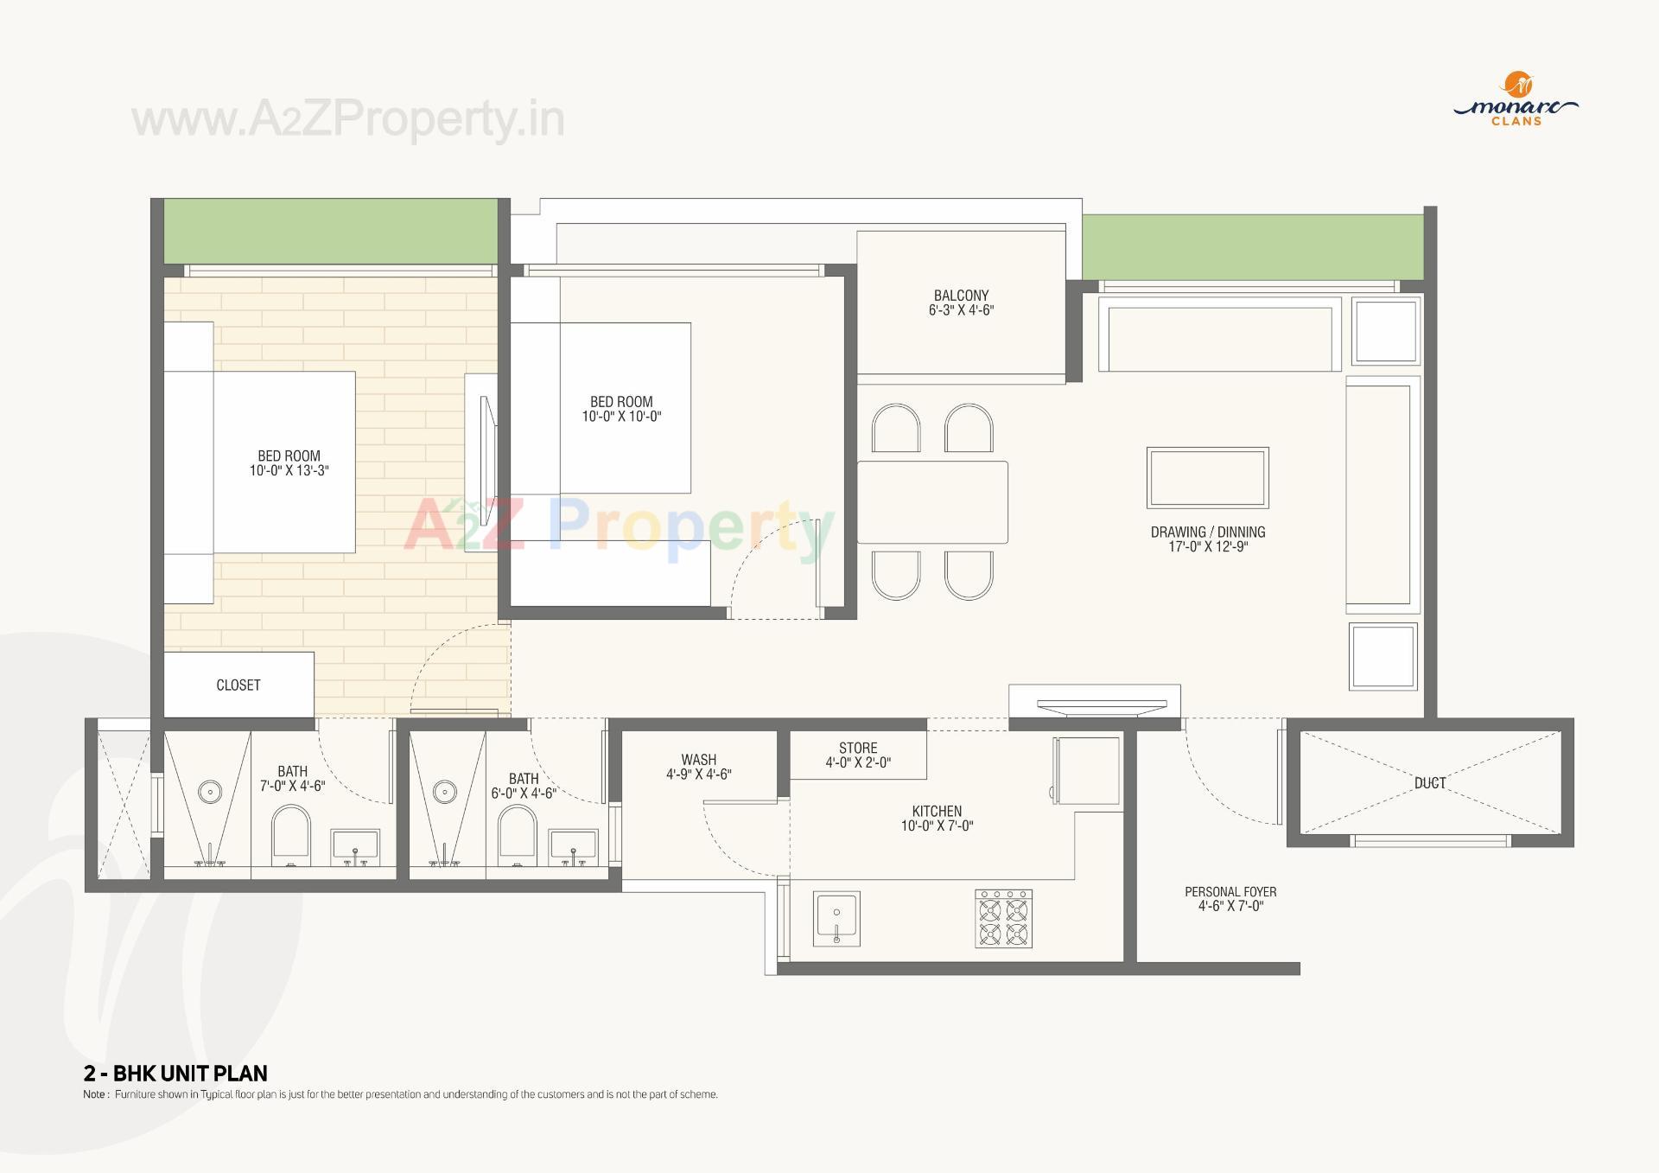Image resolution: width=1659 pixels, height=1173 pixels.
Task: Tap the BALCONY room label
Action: (961, 296)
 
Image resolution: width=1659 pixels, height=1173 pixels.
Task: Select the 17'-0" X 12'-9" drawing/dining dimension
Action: (1208, 547)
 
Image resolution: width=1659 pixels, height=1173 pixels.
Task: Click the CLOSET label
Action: (238, 685)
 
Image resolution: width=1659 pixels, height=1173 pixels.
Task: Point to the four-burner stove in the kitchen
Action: (1003, 919)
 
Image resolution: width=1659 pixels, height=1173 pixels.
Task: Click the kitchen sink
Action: (836, 918)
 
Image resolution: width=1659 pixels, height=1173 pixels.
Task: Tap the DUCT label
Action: (1430, 783)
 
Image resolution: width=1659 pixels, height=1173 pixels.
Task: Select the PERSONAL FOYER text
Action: (1230, 892)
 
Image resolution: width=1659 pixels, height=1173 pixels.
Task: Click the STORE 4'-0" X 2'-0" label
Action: (858, 755)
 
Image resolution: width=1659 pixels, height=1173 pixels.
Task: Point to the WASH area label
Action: (698, 761)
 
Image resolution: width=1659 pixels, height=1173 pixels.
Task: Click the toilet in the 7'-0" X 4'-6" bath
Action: (290, 834)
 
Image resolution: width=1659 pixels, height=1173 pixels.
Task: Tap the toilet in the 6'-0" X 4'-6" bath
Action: (518, 834)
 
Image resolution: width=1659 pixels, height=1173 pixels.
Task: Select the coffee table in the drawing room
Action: (1207, 477)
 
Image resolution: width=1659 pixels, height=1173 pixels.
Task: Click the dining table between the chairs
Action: (932, 502)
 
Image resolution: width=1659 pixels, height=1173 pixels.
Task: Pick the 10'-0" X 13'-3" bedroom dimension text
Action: (289, 471)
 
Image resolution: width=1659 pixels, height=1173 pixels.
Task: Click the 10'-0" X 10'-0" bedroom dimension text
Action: (621, 417)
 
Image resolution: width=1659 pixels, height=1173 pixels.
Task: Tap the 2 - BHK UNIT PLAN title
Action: (175, 1074)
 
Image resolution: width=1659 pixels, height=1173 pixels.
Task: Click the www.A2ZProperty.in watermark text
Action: (347, 119)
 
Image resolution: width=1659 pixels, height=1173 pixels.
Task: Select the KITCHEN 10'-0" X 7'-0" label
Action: (937, 819)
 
